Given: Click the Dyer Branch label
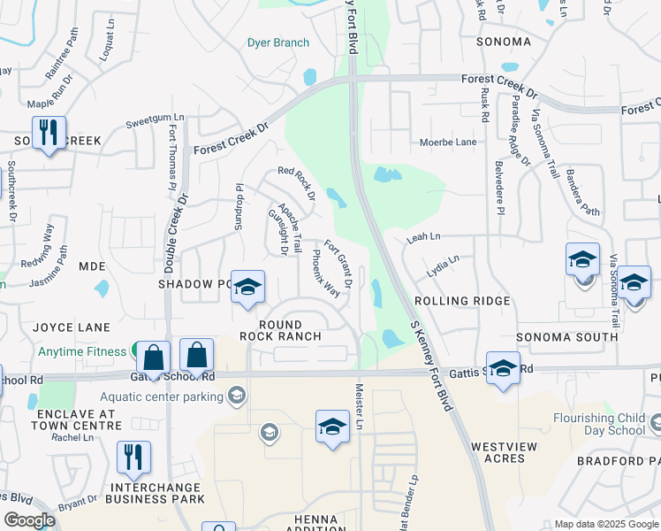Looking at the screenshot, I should tap(278, 42).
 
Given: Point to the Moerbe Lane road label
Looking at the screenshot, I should tap(452, 142).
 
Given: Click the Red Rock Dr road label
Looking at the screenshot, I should tap(297, 181).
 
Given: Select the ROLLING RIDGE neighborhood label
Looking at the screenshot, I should tap(462, 301).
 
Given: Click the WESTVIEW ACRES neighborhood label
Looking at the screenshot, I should tap(504, 453).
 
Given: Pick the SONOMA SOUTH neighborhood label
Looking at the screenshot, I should tap(566, 337).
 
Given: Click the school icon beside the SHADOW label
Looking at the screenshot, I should tap(248, 286).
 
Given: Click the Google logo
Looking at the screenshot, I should tap(29, 519).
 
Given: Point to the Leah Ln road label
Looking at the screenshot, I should tap(423, 237).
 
